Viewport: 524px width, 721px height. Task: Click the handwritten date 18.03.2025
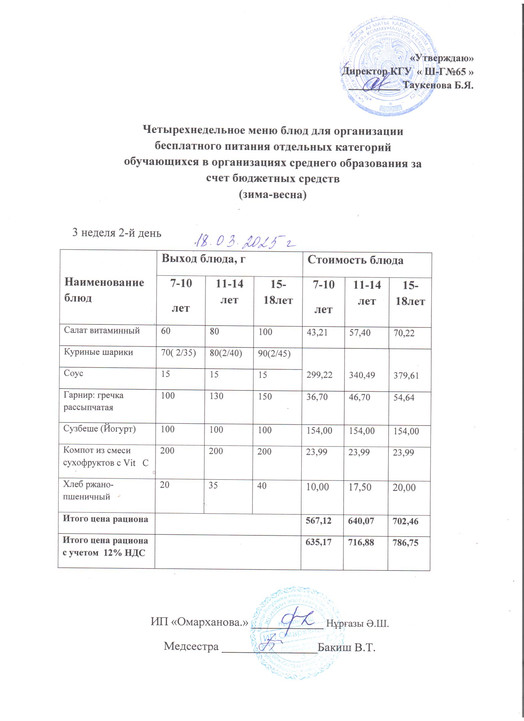click(245, 243)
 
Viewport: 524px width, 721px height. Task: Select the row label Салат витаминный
click(102, 331)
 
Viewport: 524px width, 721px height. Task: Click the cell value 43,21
click(317, 332)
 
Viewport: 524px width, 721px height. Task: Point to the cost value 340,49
click(362, 375)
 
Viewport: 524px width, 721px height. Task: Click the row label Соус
click(73, 373)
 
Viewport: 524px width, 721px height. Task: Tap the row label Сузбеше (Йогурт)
click(100, 429)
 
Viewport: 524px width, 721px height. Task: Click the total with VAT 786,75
click(405, 542)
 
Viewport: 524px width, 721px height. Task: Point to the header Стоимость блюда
click(355, 260)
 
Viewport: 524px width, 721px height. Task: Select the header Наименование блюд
click(104, 290)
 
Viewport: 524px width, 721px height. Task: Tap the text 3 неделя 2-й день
click(117, 233)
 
